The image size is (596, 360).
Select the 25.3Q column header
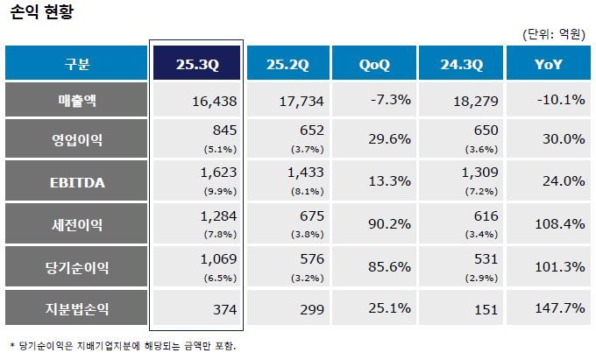click(x=196, y=64)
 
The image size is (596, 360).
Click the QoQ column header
click(x=374, y=64)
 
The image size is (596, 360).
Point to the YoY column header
click(x=548, y=64)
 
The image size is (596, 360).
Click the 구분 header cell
click(x=76, y=64)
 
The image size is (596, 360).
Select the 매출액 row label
click(x=76, y=100)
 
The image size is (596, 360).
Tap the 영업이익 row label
click(x=76, y=139)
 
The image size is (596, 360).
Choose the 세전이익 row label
click(x=76, y=225)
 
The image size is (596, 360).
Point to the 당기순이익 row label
click(x=76, y=267)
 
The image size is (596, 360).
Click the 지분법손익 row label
click(x=76, y=308)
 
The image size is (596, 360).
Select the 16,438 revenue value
click(x=213, y=101)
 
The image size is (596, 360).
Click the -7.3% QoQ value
click(x=391, y=100)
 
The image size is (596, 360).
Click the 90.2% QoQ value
click(x=390, y=225)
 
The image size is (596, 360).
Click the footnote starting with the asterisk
click(x=123, y=345)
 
